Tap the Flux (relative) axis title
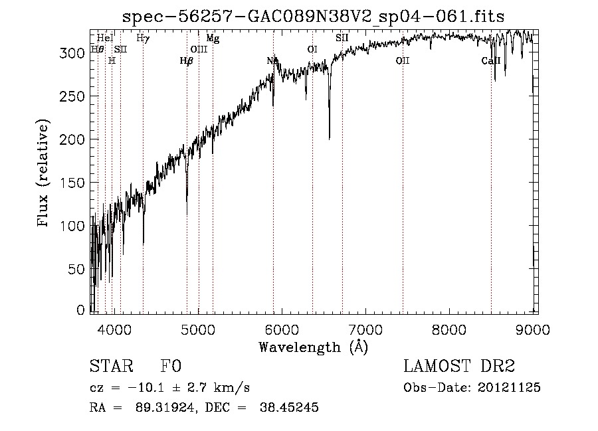(45, 174)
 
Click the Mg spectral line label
(213, 39)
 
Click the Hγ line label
(142, 39)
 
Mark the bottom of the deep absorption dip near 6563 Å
(330, 138)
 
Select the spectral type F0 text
(171, 367)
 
